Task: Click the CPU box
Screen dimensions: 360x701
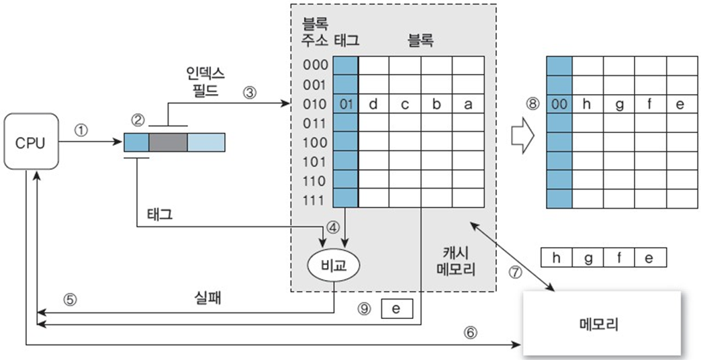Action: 31,142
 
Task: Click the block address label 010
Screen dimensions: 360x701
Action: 316,104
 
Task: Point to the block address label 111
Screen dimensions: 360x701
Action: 316,200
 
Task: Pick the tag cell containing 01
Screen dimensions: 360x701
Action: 346,104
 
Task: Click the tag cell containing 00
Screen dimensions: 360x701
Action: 559,104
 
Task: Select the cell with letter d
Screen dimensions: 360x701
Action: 373,104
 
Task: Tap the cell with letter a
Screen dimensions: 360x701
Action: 467,104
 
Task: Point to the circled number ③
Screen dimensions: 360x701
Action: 250,93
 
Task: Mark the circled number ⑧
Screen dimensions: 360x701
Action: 532,104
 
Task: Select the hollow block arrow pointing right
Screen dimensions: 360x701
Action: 520,136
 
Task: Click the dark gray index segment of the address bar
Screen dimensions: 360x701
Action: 168,142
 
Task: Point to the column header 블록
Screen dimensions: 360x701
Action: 420,40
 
